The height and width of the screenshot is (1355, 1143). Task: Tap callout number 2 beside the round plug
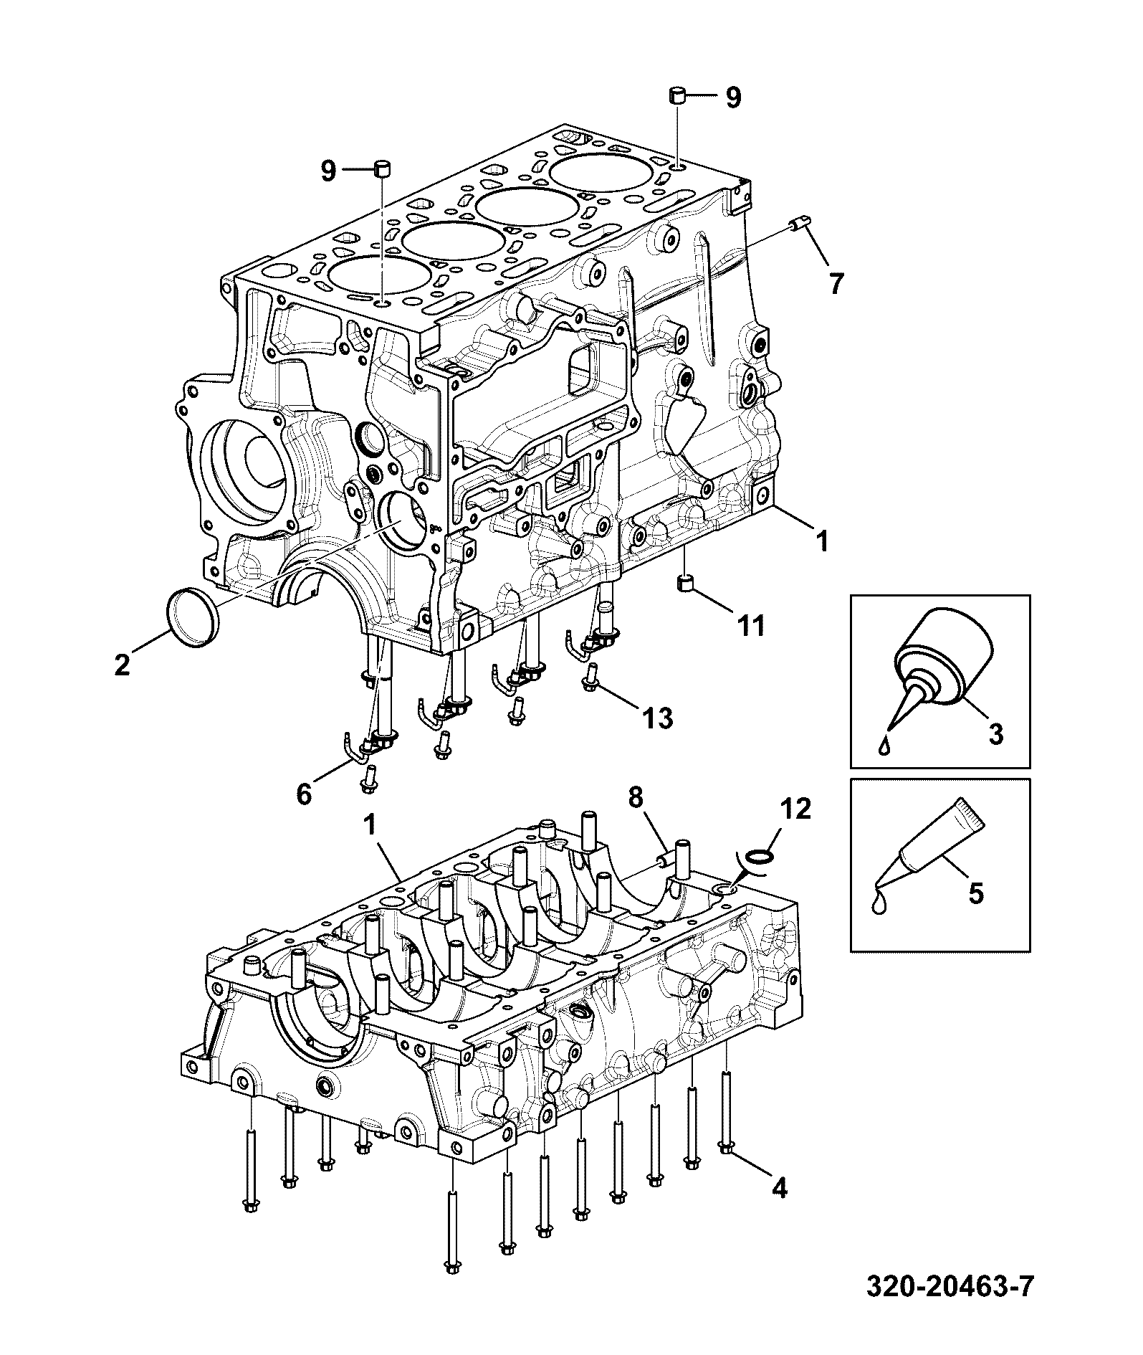122,665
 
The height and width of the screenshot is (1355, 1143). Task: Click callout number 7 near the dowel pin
836,283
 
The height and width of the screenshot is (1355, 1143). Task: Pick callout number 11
751,626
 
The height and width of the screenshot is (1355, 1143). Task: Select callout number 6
304,794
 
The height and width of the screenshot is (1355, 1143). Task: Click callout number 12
796,809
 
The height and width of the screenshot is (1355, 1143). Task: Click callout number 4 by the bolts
778,1188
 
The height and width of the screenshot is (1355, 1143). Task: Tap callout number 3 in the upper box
996,734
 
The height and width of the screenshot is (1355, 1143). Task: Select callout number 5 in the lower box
975,893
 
